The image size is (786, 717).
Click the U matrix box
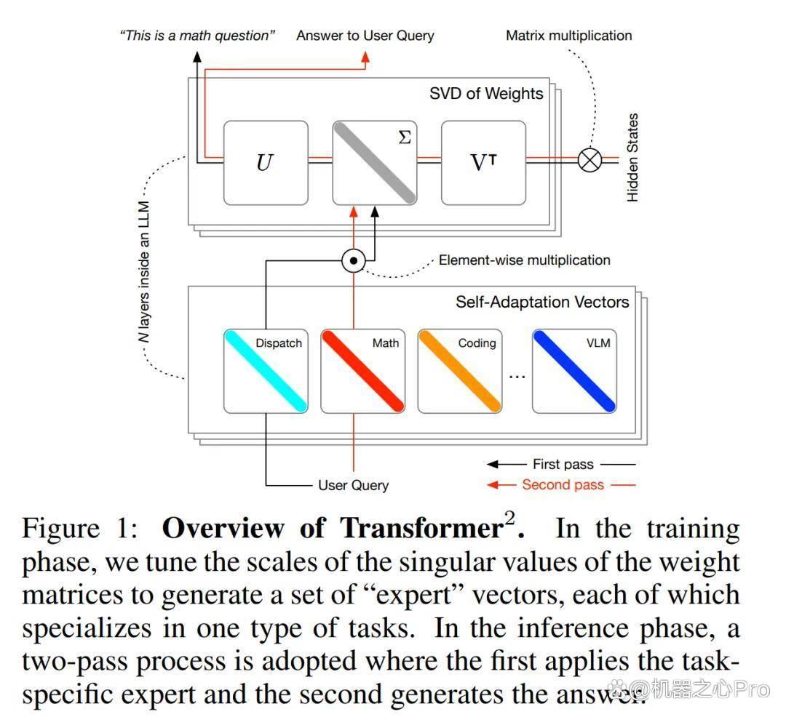click(x=266, y=163)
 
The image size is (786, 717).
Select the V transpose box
click(x=484, y=163)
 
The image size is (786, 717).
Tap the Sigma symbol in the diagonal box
click(x=405, y=137)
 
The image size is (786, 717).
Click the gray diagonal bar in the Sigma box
click(x=375, y=163)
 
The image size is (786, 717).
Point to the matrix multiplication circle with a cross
click(x=590, y=160)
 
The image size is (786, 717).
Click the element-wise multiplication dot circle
click(x=354, y=260)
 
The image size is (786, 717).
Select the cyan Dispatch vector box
click(x=266, y=371)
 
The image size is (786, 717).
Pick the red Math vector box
click(x=363, y=371)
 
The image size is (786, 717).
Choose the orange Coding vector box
click(x=460, y=371)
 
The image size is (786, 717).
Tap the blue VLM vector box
click(x=574, y=371)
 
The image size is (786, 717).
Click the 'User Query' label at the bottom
click(x=354, y=485)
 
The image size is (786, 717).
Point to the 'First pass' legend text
click(x=563, y=464)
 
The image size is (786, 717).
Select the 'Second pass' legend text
click(x=563, y=485)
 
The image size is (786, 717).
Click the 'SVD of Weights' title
click(x=486, y=94)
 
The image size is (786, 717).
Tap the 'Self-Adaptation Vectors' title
click(x=542, y=302)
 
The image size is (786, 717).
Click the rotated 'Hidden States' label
click(x=632, y=158)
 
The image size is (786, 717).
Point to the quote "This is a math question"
click(x=197, y=36)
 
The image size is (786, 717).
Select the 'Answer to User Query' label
click(x=365, y=36)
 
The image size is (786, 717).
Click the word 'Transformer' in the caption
click(x=422, y=528)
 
